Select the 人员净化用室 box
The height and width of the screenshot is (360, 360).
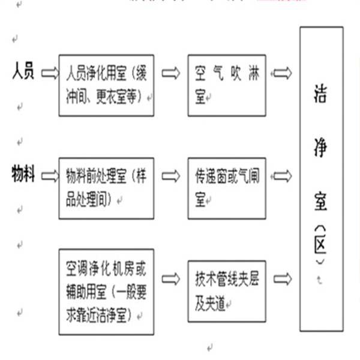click(x=106, y=85)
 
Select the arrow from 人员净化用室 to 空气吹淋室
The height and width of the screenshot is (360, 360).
click(x=171, y=74)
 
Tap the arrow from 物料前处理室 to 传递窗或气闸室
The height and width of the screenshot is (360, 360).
click(x=171, y=176)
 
